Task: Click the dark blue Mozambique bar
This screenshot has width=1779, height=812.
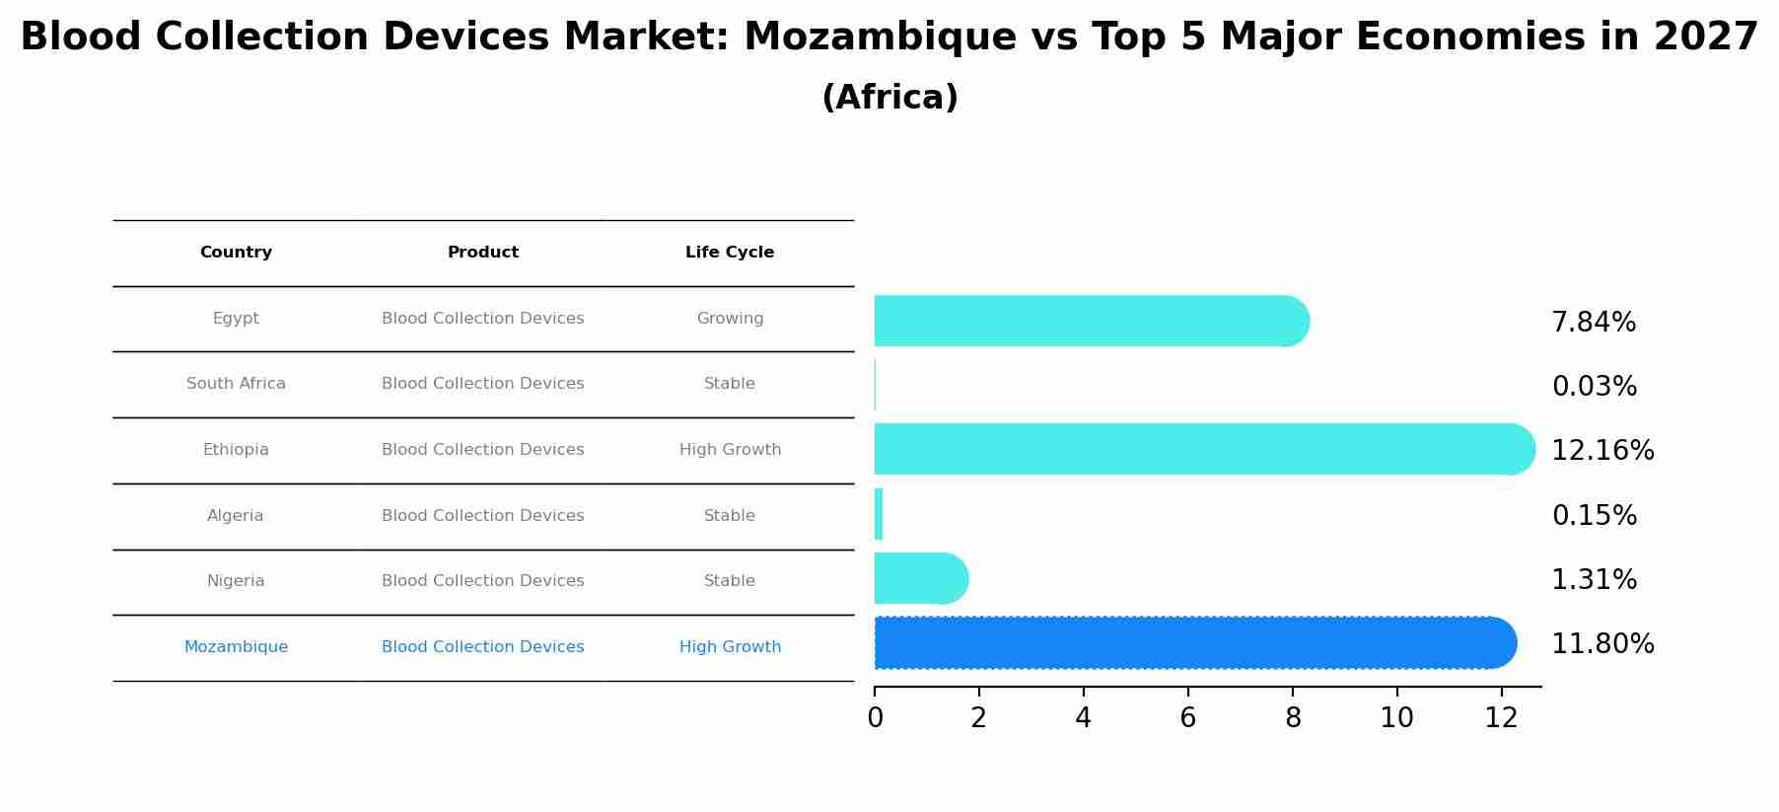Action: (x=1193, y=643)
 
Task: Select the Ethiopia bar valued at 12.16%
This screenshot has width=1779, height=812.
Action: (x=1203, y=449)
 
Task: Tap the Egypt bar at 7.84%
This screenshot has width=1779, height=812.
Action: (x=1090, y=321)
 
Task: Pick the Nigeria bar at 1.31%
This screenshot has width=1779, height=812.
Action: (x=920, y=578)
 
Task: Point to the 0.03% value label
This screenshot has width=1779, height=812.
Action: (x=1594, y=387)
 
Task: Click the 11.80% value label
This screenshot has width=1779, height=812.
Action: (x=1602, y=644)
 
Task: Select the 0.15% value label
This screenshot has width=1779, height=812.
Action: (x=1594, y=516)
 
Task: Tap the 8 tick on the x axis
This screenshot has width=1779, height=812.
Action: (x=1293, y=718)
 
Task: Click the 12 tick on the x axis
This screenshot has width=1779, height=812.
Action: (x=1501, y=718)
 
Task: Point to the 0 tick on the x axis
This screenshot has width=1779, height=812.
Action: (x=875, y=718)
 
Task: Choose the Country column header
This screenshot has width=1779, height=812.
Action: (x=236, y=253)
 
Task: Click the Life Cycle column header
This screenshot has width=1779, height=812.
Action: (x=730, y=253)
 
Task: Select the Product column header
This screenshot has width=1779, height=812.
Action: (x=483, y=253)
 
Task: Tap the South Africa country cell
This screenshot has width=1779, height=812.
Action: (x=236, y=384)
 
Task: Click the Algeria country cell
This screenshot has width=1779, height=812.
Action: (x=236, y=516)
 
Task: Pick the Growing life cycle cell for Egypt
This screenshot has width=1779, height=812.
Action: (x=730, y=319)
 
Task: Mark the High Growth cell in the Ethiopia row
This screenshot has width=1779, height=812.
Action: (x=730, y=450)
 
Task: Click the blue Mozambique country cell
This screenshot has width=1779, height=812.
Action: (x=236, y=647)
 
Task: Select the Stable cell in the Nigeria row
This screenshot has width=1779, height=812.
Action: (x=730, y=581)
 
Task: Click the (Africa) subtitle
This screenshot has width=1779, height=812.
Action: (x=889, y=98)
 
